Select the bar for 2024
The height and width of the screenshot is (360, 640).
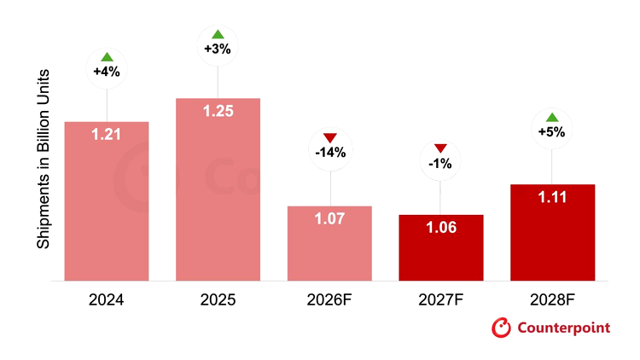click(x=107, y=201)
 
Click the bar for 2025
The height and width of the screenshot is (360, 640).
click(x=218, y=189)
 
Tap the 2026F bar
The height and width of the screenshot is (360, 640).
click(x=329, y=243)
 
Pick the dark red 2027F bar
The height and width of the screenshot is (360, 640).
click(x=441, y=247)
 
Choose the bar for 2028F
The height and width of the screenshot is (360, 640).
click(x=553, y=233)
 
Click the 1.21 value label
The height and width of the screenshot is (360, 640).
click(x=106, y=134)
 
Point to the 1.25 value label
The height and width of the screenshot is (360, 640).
click(x=218, y=111)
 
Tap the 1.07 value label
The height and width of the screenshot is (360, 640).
click(x=329, y=218)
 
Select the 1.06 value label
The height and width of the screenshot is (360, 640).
click(x=441, y=228)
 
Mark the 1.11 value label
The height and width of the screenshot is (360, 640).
click(x=552, y=198)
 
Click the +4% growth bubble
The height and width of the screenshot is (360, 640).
click(x=107, y=68)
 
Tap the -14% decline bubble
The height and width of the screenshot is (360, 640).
click(x=330, y=149)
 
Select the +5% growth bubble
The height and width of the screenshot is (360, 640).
click(x=552, y=129)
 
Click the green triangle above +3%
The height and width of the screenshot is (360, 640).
click(x=218, y=34)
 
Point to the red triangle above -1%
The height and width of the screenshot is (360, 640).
click(x=440, y=148)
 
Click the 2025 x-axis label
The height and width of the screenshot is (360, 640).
click(x=218, y=300)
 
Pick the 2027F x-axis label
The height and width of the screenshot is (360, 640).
click(x=441, y=300)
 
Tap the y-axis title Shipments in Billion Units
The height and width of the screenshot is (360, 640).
click(x=44, y=160)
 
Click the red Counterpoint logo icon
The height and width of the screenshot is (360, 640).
click(x=501, y=328)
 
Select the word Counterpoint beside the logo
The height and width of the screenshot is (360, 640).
click(x=564, y=328)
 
